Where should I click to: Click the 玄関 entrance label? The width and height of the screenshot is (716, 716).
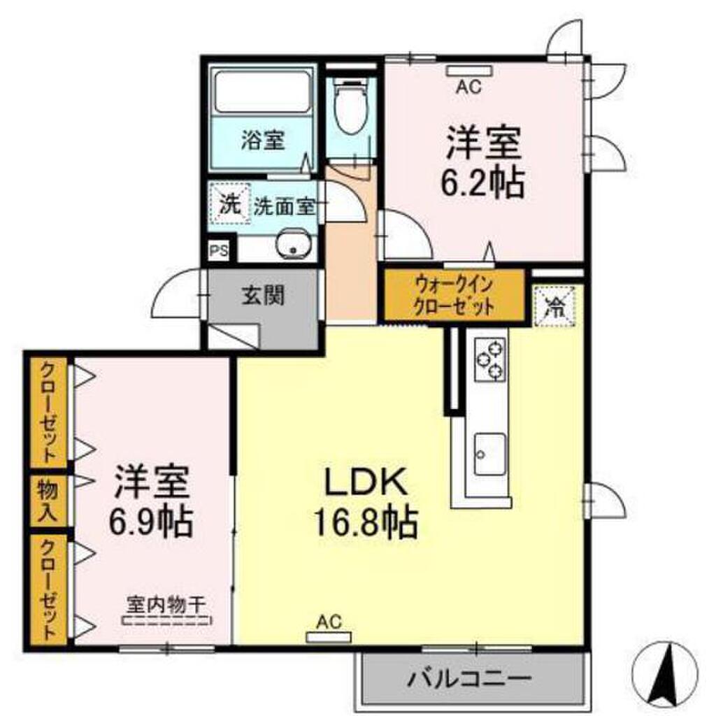coord(264,296)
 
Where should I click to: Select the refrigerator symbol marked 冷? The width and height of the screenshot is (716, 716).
coord(555,306)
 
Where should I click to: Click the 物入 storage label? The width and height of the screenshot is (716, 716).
coord(48,500)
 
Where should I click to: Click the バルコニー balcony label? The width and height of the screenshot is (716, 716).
coord(471,678)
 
